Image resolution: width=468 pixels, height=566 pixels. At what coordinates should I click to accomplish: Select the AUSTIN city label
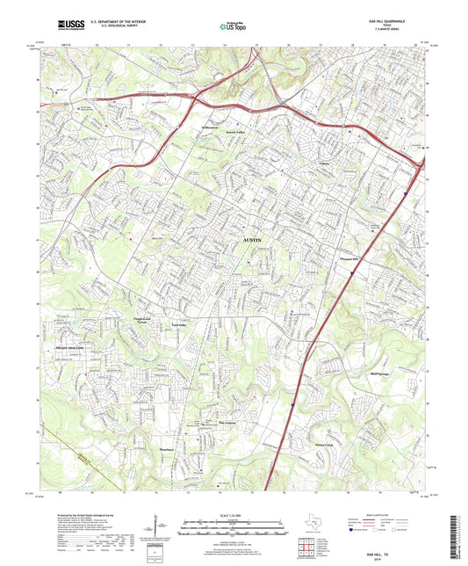(252, 240)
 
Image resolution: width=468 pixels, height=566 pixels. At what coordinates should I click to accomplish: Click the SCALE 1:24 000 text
(233, 514)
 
